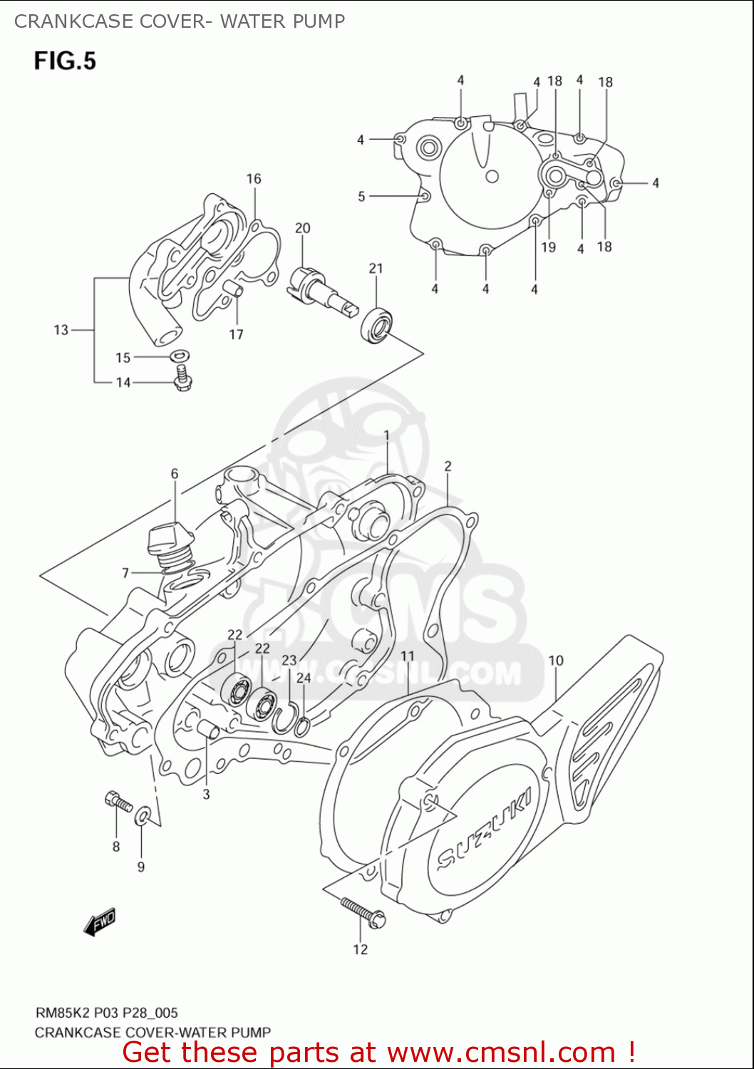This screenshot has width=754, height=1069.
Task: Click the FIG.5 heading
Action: click(x=65, y=61)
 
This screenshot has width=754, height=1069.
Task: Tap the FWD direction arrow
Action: click(x=99, y=922)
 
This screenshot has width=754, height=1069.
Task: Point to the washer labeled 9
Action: click(x=143, y=815)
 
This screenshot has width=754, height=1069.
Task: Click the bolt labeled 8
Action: click(x=118, y=802)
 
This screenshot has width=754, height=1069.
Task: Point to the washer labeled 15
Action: click(x=180, y=355)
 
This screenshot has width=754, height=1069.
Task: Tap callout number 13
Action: click(x=61, y=330)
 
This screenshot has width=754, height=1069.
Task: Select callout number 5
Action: click(x=361, y=196)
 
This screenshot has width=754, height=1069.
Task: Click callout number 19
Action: click(x=548, y=247)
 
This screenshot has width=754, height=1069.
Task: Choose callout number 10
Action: click(x=556, y=661)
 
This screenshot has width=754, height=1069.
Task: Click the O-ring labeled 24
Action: click(x=302, y=727)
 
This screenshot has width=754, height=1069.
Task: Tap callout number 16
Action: click(x=254, y=179)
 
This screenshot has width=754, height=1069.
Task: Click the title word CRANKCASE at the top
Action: click(x=73, y=21)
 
